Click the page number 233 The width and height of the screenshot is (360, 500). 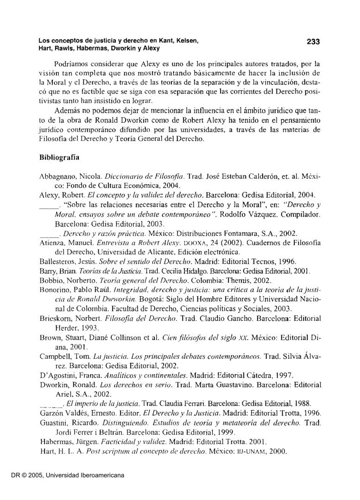313,42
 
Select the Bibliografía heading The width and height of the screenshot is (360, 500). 59,157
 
